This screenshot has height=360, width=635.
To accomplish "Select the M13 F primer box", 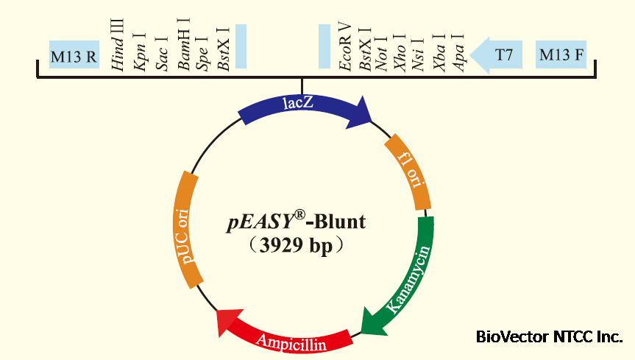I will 562,55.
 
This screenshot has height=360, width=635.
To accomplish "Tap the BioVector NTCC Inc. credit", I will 548,338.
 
